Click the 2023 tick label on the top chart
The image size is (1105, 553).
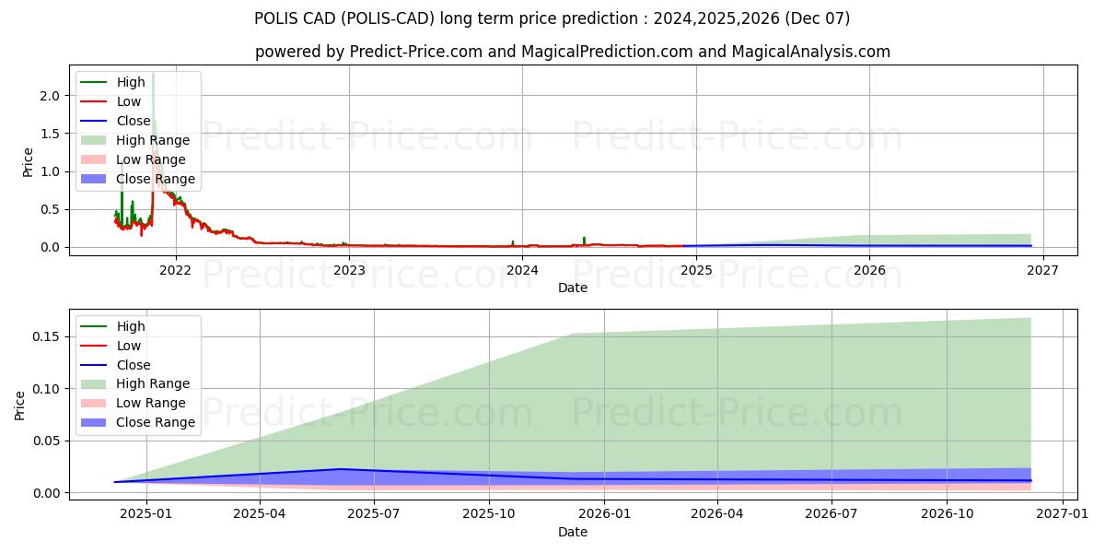pyautogui.click(x=349, y=270)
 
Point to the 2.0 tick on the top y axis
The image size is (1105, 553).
pyautogui.click(x=50, y=96)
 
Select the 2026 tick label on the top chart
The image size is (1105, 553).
pyautogui.click(x=869, y=270)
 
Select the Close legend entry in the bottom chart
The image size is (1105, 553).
pyautogui.click(x=134, y=365)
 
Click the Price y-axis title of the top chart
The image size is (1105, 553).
pyautogui.click(x=28, y=163)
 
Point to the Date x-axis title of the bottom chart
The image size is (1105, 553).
pyautogui.click(x=574, y=532)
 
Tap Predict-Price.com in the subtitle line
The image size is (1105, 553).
pyautogui.click(x=416, y=52)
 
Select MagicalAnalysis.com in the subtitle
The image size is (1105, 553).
pyautogui.click(x=810, y=52)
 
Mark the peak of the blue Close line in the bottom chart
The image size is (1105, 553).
pyautogui.click(x=340, y=469)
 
